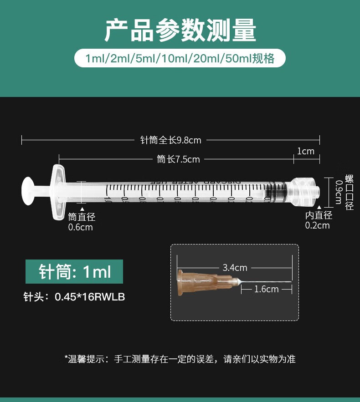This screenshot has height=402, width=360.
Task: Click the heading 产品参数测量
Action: (x=180, y=31)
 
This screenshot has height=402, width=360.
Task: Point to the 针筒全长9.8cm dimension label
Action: (x=170, y=140)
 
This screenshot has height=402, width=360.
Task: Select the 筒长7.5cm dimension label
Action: (x=178, y=159)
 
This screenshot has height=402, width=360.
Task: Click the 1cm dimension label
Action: (x=306, y=151)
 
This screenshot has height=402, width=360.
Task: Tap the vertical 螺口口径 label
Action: (x=350, y=192)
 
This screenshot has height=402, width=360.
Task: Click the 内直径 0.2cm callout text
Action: (x=318, y=220)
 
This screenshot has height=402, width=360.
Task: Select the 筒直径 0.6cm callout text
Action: (x=81, y=222)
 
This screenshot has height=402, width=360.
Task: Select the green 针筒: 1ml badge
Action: (x=74, y=272)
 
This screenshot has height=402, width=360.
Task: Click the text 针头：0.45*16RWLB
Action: (x=74, y=297)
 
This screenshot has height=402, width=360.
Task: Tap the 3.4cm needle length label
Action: (x=235, y=268)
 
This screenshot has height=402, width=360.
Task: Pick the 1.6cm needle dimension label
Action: (x=266, y=289)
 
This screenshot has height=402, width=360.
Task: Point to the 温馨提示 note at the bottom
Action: (x=180, y=359)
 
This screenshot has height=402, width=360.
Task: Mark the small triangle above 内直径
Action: (x=319, y=208)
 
